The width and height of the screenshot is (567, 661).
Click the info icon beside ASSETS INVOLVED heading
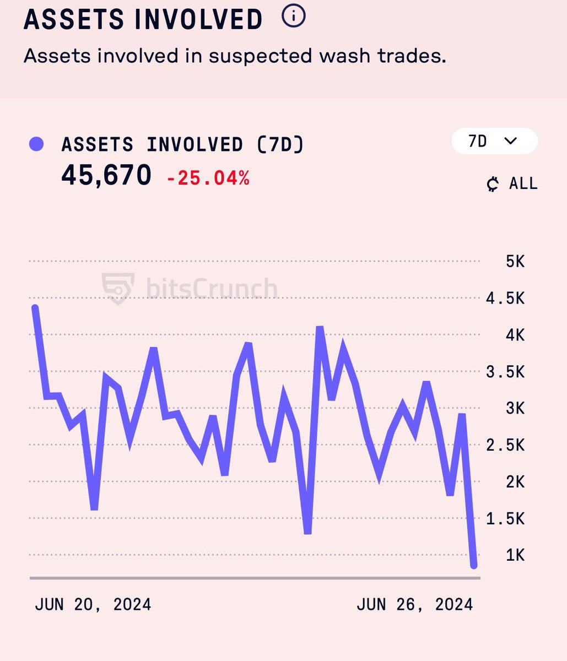point(293,17)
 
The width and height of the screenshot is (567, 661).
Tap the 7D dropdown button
point(494,142)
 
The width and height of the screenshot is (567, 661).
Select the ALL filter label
point(523,183)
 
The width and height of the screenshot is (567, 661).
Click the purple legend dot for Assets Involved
point(36,145)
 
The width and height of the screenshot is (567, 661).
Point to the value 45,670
point(106,176)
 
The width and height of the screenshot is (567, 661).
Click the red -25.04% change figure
point(208,178)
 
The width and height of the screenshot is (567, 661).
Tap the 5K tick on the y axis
point(515,261)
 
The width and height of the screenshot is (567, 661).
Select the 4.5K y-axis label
point(505,299)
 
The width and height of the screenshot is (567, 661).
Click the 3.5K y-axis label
point(505,372)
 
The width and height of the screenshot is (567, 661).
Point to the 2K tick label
point(515,482)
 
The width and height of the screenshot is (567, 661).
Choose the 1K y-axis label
point(515,555)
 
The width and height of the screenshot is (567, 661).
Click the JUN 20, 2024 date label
point(93,604)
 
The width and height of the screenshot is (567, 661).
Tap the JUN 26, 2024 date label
point(414,604)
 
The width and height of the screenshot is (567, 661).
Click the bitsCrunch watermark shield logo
point(118,288)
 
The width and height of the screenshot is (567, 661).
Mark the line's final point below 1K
point(473,565)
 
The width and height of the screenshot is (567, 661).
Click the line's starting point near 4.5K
point(35,308)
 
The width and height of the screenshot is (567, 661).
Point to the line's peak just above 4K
point(320,328)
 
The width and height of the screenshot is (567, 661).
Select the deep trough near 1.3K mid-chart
point(307,532)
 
